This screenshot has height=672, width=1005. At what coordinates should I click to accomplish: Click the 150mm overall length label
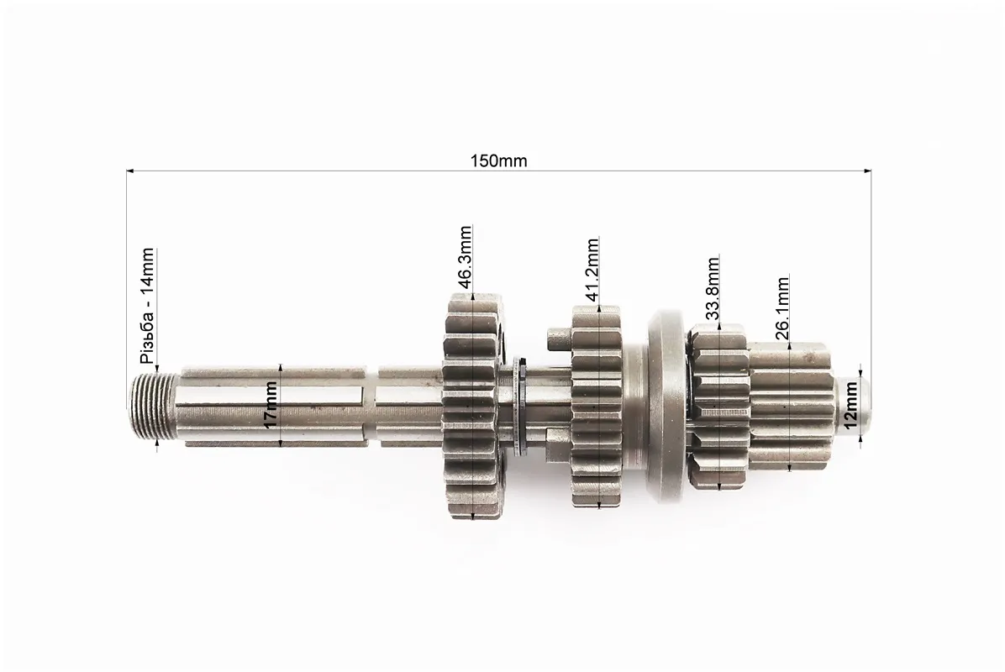coord(498,160)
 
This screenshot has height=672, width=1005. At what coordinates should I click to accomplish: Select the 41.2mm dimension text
coord(592,269)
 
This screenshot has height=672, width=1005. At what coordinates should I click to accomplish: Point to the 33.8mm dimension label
coord(712,287)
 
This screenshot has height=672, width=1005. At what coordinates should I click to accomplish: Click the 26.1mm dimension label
coord(781,307)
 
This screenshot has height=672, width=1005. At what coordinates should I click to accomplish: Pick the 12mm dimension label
coord(850,405)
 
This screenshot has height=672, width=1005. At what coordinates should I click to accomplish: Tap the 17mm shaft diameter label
coord(271,405)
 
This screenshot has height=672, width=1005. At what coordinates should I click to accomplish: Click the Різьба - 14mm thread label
coord(147,307)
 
